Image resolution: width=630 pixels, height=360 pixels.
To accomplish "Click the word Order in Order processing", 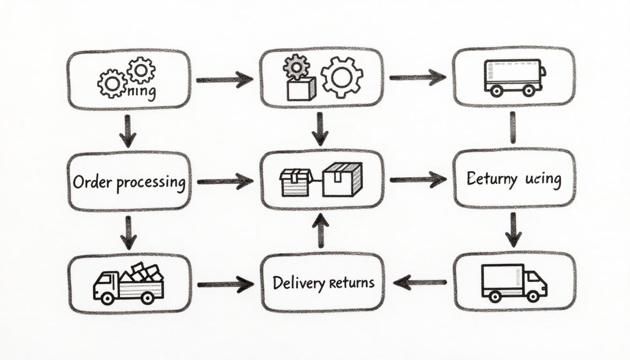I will coord(92,181).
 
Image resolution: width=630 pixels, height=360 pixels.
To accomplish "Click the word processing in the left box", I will coord(150,182).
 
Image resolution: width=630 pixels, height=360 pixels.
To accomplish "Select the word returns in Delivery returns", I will coord(352,282).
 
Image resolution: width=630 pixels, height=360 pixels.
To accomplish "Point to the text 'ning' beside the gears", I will coord(141,92).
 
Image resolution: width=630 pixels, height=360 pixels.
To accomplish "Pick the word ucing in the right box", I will coord(543,179).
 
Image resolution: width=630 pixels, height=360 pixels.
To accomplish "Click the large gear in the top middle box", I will coord(342,76).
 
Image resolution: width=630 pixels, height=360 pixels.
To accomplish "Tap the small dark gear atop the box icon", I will coord(296,67).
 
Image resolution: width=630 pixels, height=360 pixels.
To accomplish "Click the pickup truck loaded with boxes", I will coord(129,283).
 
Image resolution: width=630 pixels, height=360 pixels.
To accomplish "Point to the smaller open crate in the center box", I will coord(296,182).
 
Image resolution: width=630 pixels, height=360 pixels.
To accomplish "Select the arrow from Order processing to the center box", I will coord(225,181).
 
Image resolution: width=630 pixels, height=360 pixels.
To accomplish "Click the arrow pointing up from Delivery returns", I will coord(321,230).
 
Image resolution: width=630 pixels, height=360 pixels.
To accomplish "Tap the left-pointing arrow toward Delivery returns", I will coord(420,282).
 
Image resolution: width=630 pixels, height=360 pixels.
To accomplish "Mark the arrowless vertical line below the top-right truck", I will coord(512,127).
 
